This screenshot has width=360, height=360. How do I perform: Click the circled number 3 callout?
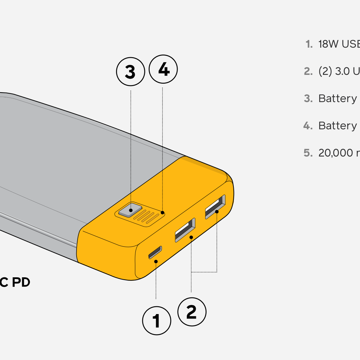pos(130,72)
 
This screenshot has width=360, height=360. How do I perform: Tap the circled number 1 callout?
pos(157,321)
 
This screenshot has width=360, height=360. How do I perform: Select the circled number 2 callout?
pos(192,312)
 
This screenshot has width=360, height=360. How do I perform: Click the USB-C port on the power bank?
pos(155,252)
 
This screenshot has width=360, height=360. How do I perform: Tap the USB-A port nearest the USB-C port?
pos(185,230)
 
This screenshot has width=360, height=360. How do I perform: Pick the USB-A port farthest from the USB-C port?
pos(215,206)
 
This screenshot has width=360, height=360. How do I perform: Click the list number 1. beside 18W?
pos(309,44)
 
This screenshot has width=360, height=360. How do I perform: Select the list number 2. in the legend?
pos(308,71)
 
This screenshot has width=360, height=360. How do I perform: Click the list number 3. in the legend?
pos(308,99)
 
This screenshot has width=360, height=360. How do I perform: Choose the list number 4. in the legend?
pos(308,126)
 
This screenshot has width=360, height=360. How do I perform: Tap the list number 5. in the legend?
pos(308,153)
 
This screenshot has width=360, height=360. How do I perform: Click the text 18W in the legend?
pos(328,44)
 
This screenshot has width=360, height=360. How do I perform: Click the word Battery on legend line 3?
pos(337,99)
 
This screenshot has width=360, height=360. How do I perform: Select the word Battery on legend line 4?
pos(337,126)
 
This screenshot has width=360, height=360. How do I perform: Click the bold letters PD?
pos(21,282)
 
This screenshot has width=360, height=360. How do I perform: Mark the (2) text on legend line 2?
pos(325,71)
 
